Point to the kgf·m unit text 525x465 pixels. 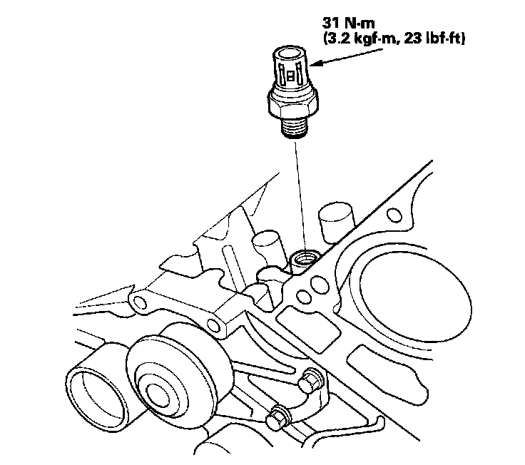pos(376,39)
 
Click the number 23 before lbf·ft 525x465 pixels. pos(413,39)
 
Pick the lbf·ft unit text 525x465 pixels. pos(443,39)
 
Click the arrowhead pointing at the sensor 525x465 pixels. pos(317,63)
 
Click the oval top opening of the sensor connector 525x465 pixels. pos(290,53)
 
